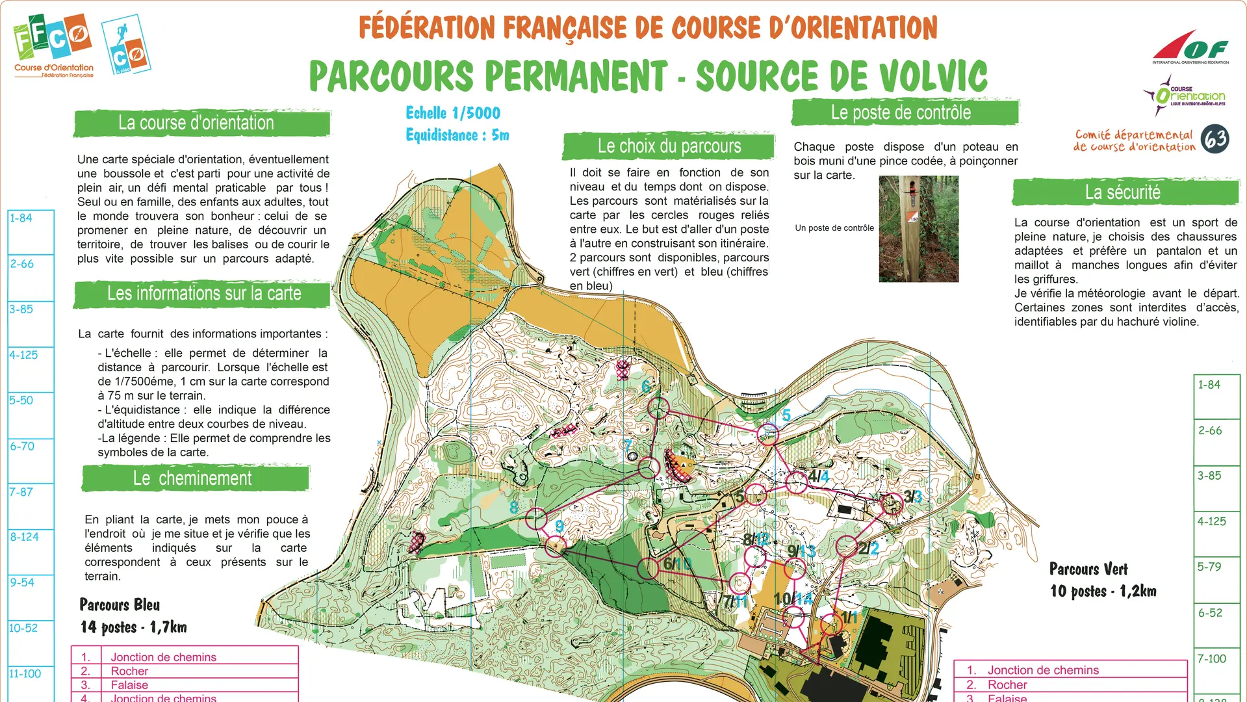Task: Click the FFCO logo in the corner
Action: coord(53,45)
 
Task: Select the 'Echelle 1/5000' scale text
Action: coord(453,113)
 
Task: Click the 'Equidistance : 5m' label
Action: coord(457,135)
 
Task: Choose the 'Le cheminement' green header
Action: coord(194,479)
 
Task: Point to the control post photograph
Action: coord(918,229)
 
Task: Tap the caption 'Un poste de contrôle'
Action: coord(834,228)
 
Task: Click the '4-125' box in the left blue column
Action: coord(30,369)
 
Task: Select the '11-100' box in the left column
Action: coord(30,682)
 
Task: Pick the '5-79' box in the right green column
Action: coord(1216,578)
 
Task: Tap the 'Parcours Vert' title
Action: coord(1088,569)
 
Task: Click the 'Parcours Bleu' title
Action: coord(120,605)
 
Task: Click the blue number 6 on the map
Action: coord(646,386)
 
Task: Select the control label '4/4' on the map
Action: coord(818,476)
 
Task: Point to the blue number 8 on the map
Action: coord(514,507)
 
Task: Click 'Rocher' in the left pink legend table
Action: coord(129,671)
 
